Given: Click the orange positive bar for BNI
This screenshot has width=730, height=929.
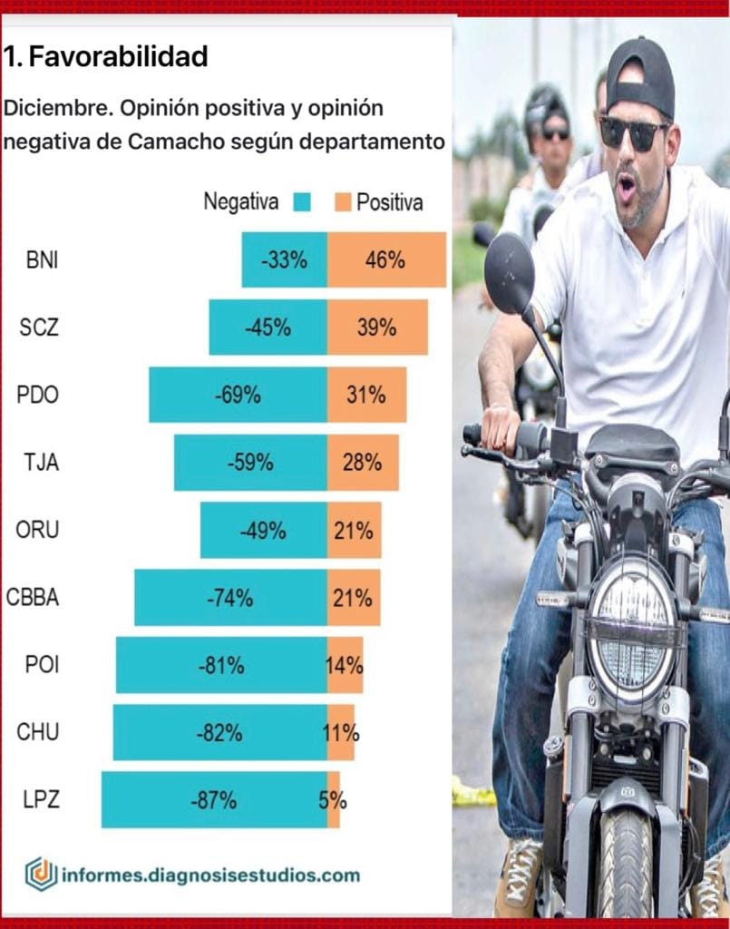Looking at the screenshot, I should [386, 260].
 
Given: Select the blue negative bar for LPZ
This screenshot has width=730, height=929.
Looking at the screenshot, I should [214, 800].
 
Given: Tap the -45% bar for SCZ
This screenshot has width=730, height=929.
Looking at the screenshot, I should [268, 328].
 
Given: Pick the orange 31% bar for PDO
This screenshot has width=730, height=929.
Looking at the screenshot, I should [366, 395].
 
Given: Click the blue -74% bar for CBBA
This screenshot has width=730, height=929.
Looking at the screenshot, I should [230, 598].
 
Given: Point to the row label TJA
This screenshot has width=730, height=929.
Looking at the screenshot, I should [42, 462].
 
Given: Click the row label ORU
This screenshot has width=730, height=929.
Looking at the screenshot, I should [37, 530].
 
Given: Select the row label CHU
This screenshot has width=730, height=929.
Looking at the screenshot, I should [38, 731].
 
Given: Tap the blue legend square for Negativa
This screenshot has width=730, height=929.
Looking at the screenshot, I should [302, 202].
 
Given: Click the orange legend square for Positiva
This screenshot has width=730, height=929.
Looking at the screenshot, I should [342, 202].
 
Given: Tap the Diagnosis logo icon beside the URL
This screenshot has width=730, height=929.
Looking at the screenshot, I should [41, 874].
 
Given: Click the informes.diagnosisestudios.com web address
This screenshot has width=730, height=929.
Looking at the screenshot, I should [210, 875].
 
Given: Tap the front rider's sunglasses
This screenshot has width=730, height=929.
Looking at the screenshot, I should [633, 132].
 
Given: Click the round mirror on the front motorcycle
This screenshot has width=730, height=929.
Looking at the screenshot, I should [509, 272].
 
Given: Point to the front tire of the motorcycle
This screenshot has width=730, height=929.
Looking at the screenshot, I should [626, 862].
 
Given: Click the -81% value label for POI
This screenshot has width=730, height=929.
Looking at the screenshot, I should [221, 665].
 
